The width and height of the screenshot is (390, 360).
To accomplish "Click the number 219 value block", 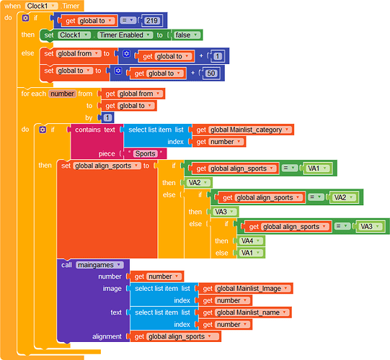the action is [x=151, y=21].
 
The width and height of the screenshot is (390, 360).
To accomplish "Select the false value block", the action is [x=187, y=35].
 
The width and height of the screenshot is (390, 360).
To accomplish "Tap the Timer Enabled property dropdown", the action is [x=125, y=35].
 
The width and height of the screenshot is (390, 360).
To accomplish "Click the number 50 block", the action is [x=210, y=73].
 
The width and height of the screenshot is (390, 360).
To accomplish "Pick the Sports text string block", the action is [x=145, y=153].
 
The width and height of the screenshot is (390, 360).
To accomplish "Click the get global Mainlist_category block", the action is [x=243, y=130].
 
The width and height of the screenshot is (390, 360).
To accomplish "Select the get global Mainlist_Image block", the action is [x=246, y=289].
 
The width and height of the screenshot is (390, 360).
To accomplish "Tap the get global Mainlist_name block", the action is [x=245, y=312].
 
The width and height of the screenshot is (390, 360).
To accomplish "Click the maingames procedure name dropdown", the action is [x=99, y=265].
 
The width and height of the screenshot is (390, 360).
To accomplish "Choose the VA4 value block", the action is [x=251, y=240].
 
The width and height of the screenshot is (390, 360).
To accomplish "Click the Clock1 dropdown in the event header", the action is [x=41, y=6].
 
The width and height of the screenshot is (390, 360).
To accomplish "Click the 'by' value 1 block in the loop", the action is [x=107, y=117].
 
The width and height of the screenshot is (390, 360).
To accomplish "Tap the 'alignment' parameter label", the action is [x=107, y=336].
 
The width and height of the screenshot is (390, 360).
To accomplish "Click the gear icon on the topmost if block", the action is [x=26, y=18].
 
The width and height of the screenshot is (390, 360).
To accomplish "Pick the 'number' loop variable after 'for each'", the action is [x=62, y=94].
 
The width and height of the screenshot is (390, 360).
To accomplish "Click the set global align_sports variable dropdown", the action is [x=107, y=166].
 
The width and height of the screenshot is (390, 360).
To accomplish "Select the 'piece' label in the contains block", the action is [x=107, y=154].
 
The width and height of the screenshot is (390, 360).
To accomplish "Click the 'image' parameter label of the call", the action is [x=112, y=289].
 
